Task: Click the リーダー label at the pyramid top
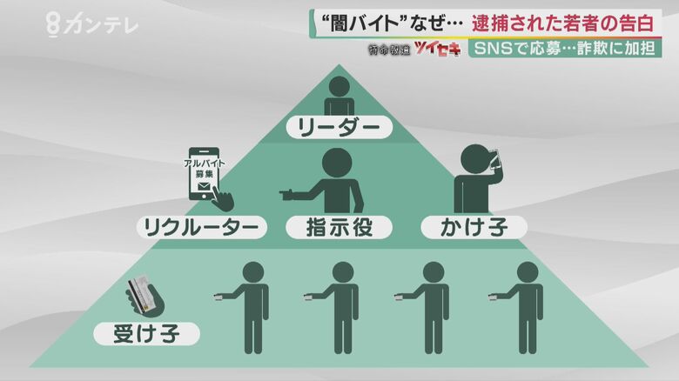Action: [x=339, y=127]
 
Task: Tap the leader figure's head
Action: [x=339, y=87]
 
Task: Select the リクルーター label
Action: [x=201, y=227]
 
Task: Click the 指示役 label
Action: [x=339, y=227]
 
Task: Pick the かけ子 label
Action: [x=474, y=227]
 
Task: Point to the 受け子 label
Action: [x=146, y=334]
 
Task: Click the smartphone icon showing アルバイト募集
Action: [x=204, y=174]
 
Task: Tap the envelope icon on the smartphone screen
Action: [x=204, y=187]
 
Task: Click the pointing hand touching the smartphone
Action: [x=223, y=200]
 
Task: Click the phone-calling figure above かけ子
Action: [x=476, y=178]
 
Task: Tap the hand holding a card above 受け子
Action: [x=145, y=295]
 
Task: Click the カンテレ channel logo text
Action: [x=101, y=23]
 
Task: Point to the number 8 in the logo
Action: [x=52, y=24]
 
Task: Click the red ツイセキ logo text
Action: [x=437, y=49]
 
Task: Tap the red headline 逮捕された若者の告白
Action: [x=563, y=23]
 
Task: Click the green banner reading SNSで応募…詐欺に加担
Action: [x=565, y=49]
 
